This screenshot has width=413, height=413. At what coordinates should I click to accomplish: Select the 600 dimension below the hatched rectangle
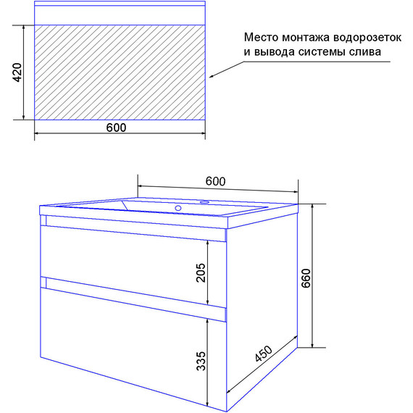pyautogui.click(x=116, y=128)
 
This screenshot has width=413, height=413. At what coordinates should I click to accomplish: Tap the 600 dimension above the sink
pyautogui.click(x=215, y=180)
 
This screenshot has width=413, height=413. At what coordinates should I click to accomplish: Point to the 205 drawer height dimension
pyautogui.click(x=201, y=271)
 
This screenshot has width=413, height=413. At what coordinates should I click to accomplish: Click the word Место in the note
pyautogui.click(x=262, y=37)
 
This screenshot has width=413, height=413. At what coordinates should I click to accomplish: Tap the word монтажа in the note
pyautogui.click(x=307, y=37)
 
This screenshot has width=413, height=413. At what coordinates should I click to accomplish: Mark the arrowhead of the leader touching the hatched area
pyautogui.click(x=212, y=75)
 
